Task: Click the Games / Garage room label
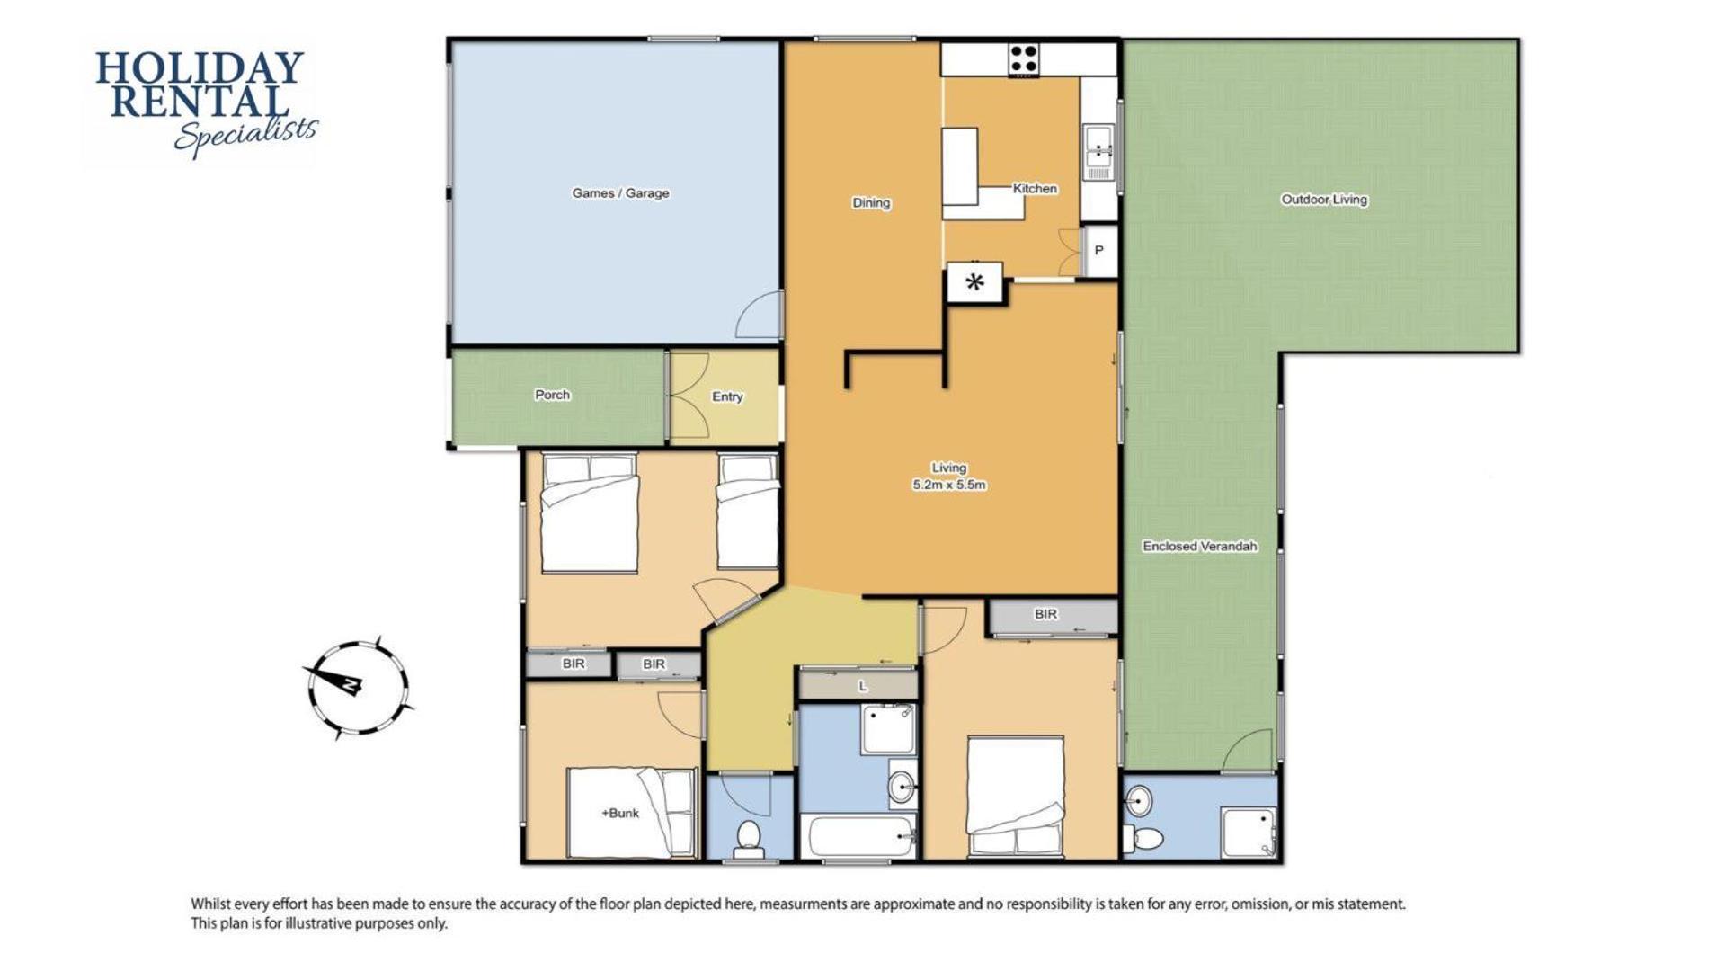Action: point(620,193)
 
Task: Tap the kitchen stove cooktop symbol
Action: point(1023,59)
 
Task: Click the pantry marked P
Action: point(1098,251)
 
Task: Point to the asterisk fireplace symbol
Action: point(974,283)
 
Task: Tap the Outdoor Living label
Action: point(1324,200)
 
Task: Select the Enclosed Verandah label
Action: point(1200,546)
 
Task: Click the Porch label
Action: point(552,395)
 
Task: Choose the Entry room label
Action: point(727,396)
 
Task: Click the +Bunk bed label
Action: point(620,813)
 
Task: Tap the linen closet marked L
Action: point(858,686)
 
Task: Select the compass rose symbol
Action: point(357,688)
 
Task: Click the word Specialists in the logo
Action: point(245,135)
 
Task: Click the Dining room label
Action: point(871,203)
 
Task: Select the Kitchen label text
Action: point(1035,189)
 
